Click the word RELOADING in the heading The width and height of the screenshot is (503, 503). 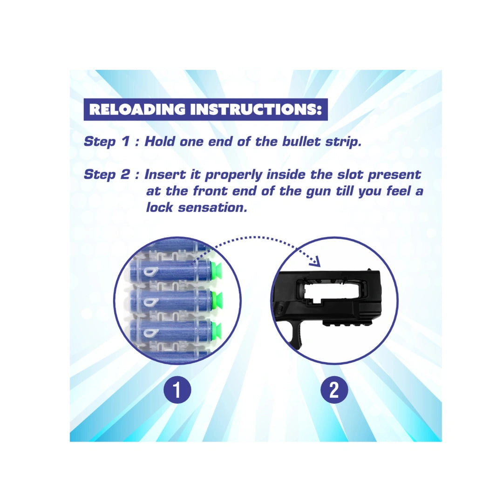(137, 109)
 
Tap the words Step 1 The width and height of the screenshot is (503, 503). (107, 142)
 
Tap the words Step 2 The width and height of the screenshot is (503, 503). (107, 175)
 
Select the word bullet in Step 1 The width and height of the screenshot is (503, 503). (301, 142)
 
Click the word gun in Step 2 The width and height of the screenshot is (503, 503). (318, 192)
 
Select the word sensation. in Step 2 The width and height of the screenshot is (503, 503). (212, 208)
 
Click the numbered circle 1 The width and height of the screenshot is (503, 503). (177, 390)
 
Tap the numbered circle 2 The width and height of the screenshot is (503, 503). (334, 390)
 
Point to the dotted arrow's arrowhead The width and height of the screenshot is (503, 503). (316, 261)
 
